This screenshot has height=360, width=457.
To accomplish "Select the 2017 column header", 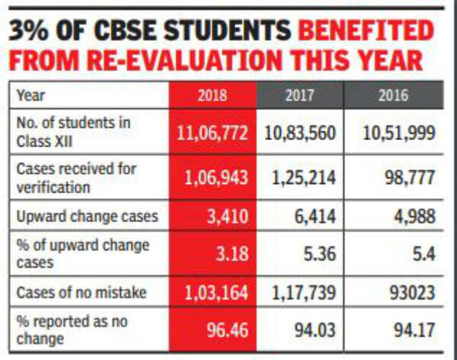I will pyautogui.click(x=300, y=96).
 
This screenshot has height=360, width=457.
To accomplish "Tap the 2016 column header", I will pyautogui.click(x=392, y=96).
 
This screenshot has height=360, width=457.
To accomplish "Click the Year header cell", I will pyautogui.click(x=30, y=96).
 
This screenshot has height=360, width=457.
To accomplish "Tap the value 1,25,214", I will pyautogui.click(x=304, y=178).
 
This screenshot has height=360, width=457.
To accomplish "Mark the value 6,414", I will pyautogui.click(x=315, y=216).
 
